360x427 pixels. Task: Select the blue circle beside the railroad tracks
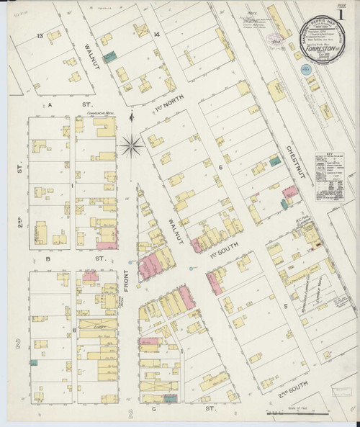(305, 69)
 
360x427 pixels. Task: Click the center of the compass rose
(131, 145)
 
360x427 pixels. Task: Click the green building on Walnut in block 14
(109, 55)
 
